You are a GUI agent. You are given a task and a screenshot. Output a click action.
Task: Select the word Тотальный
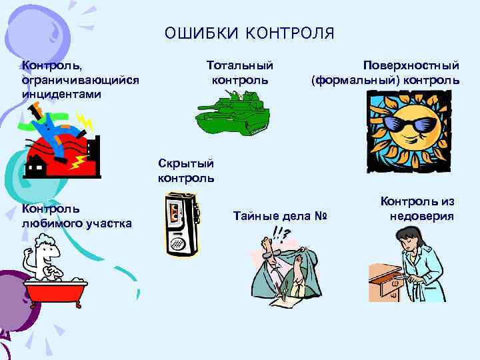[x=240, y=67]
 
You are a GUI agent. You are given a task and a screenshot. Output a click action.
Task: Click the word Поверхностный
[x=411, y=67]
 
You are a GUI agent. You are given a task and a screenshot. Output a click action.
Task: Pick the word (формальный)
[x=352, y=81]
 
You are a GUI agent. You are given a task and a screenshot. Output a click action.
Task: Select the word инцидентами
[x=61, y=94]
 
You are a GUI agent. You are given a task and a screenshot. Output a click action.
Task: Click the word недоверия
[x=421, y=215]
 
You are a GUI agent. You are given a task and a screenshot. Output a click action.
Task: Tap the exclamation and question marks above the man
[x=281, y=233]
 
